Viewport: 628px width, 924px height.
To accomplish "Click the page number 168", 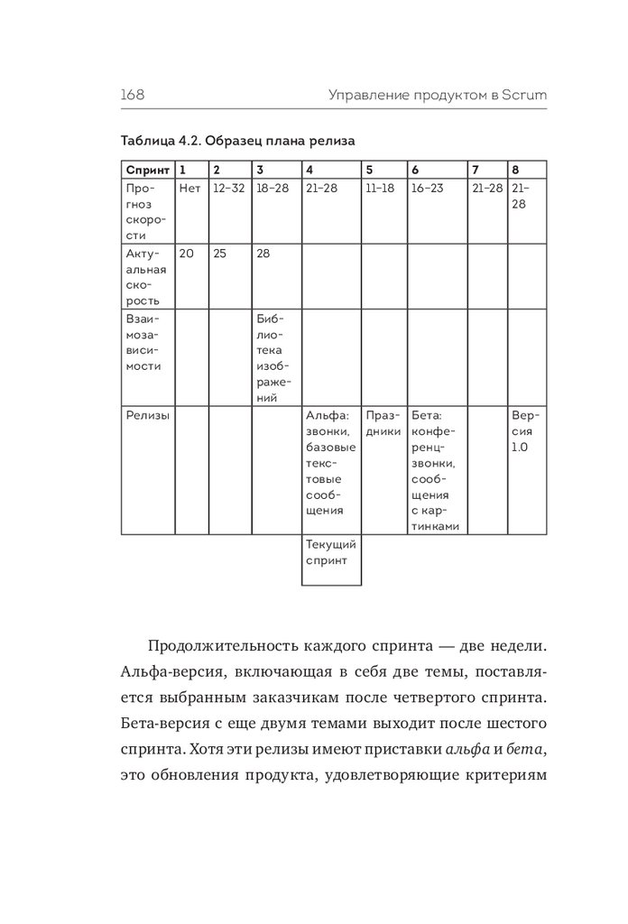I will coord(133,94).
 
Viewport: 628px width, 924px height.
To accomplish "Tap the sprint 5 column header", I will coord(369,170).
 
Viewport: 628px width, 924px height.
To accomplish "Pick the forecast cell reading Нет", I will coord(189,189).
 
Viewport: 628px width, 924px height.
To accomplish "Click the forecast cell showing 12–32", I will coord(228,189).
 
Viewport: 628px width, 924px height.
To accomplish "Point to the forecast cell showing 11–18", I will coord(381,189).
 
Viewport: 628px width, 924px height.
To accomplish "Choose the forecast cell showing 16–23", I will coord(427,189).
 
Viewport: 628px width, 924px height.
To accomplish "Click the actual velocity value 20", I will coord(187,254).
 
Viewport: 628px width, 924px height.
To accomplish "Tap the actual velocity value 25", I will coord(220,254).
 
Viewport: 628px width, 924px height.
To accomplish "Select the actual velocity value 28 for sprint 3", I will coord(264,254).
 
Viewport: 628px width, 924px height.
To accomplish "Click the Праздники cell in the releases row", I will coord(384,424).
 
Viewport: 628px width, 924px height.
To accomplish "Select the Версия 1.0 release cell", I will coord(525,432).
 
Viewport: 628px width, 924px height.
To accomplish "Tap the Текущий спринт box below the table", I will coord(331,552).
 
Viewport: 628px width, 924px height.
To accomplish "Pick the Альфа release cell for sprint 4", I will coord(330,465).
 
